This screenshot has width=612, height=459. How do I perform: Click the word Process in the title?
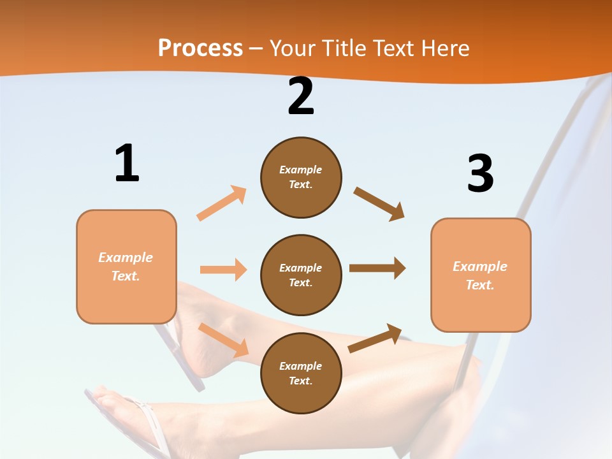point(200,48)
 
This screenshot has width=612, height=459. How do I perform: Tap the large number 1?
point(127,163)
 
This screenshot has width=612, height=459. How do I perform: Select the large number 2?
point(301,96)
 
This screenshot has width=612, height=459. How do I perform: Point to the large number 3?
point(480,173)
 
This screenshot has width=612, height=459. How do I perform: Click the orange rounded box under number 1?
point(126,266)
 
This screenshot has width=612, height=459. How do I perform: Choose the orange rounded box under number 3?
point(481,275)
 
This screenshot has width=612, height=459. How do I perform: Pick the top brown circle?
point(301,177)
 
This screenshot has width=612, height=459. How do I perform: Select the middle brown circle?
point(301,275)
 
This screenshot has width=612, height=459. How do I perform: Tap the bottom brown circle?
point(301,373)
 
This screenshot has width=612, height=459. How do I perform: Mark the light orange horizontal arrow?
point(223,270)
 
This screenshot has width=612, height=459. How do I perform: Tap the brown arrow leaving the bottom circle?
point(375,338)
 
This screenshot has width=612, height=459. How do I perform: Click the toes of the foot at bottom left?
point(105,398)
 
